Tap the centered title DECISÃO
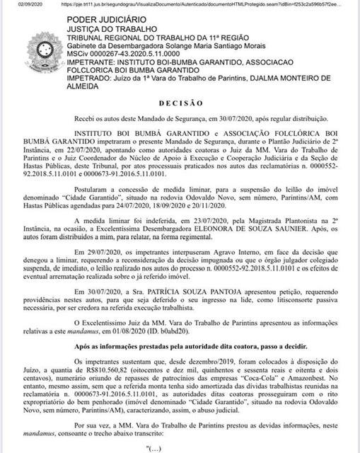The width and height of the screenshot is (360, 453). point(180,103)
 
